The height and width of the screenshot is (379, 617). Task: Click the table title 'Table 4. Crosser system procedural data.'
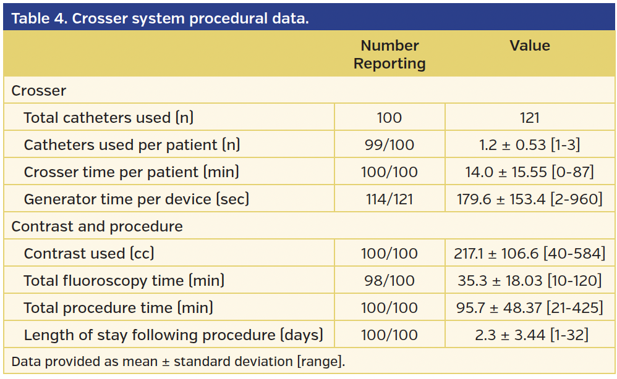[x=160, y=18]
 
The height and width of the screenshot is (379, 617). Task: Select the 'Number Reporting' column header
[x=389, y=54]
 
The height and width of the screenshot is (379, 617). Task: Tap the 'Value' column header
[x=530, y=46]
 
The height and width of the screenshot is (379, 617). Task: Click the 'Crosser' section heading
[x=39, y=91]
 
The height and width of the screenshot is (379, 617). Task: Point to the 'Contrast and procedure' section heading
[x=97, y=227]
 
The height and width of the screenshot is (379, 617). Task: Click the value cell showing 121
[x=530, y=118]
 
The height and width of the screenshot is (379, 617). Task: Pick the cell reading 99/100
[x=389, y=145]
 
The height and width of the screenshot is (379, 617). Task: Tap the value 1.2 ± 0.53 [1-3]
[x=530, y=145]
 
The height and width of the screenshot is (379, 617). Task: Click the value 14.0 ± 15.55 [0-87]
[x=530, y=172]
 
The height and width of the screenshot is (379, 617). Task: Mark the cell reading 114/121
[x=389, y=199]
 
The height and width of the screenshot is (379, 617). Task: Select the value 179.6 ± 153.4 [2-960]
[x=530, y=199]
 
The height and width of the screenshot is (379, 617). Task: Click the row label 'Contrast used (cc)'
[x=89, y=254]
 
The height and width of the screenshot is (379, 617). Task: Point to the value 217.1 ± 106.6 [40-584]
[x=530, y=254]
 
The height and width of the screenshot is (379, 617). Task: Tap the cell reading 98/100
[x=389, y=281]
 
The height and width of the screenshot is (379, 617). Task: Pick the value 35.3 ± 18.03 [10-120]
[x=530, y=281]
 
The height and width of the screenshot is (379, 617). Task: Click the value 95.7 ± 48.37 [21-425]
[x=530, y=308]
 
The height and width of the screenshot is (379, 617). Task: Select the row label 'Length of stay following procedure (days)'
[x=173, y=335]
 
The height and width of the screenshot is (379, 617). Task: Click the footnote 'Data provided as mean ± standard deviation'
[x=178, y=361]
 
